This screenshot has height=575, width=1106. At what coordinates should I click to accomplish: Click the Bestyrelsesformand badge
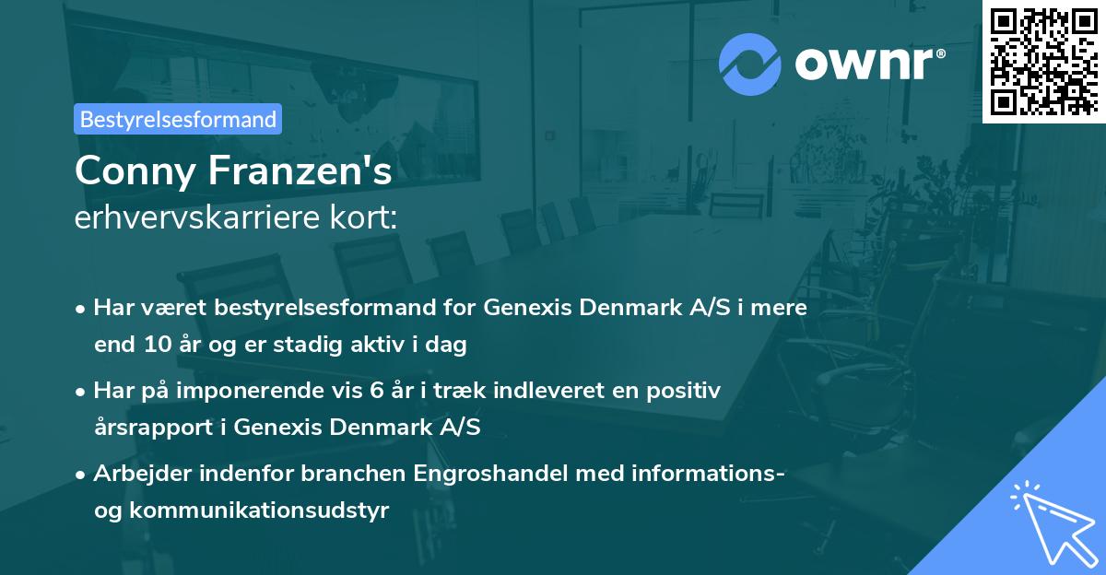178,119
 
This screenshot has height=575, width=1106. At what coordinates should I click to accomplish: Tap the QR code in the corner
1044,61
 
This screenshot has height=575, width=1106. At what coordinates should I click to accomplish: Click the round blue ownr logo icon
750,65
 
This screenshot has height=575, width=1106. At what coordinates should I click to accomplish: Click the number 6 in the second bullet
376,391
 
